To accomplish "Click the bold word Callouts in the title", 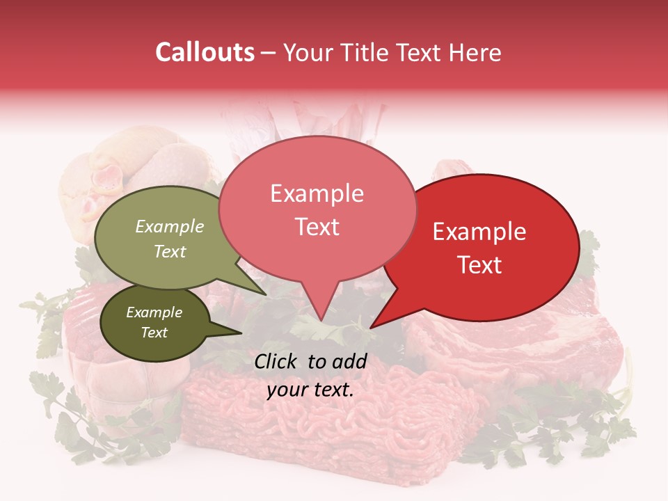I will (205, 52).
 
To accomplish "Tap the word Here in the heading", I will (474, 52).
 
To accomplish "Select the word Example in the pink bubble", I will (317, 193).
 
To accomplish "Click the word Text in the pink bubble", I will (317, 227).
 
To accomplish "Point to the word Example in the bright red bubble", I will (479, 232).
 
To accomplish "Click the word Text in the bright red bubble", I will (479, 265).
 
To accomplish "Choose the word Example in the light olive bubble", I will (170, 226).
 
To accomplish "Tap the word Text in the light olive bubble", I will (170, 252).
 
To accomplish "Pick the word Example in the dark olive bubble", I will (154, 312).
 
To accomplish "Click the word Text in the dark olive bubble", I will (154, 333).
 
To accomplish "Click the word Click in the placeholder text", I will (277, 361).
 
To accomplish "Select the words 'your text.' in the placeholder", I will (310, 390).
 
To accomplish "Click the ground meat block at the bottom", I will (327, 424).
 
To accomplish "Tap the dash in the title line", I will (269, 53).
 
